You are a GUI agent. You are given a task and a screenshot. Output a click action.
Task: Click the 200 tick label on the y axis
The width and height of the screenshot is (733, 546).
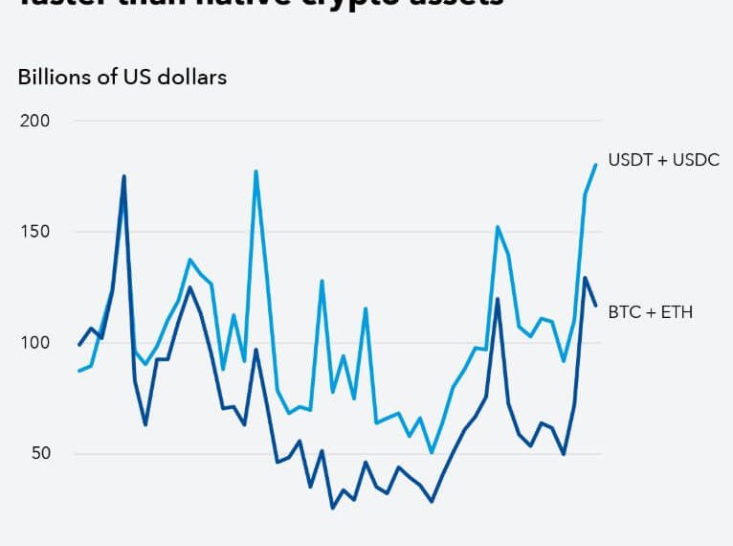click(x=34, y=121)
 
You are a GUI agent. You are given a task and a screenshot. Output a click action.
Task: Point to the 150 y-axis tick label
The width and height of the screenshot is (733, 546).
click(x=34, y=232)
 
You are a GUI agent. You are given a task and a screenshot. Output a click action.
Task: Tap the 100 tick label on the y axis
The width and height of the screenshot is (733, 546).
click(x=34, y=343)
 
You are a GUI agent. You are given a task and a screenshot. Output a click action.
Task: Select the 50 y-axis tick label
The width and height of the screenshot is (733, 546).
click(x=39, y=453)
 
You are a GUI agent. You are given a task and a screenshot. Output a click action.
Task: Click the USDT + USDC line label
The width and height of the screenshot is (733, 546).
click(x=663, y=160)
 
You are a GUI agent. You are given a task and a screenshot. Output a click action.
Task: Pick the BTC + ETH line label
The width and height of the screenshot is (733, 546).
click(x=651, y=311)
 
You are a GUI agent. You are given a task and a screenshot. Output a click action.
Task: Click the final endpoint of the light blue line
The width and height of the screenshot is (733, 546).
click(x=595, y=165)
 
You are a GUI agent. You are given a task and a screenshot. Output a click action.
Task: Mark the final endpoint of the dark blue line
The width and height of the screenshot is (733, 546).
click(x=595, y=306)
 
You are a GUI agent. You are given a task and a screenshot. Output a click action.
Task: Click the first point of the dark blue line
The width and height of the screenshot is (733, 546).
click(x=79, y=345)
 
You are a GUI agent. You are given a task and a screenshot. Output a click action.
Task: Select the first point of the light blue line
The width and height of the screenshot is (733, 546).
click(x=79, y=371)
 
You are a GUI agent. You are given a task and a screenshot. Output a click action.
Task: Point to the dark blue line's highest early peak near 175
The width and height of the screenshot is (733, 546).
click(x=123, y=176)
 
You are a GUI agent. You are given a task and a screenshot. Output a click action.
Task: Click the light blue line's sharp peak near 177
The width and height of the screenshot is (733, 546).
click(x=255, y=171)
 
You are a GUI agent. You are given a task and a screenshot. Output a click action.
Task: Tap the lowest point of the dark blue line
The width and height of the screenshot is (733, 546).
click(x=332, y=508)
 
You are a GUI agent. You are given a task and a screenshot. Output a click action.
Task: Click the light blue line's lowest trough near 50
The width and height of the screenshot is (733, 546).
click(x=432, y=452)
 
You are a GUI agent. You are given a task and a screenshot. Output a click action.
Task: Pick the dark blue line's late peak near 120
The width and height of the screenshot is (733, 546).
click(x=498, y=299)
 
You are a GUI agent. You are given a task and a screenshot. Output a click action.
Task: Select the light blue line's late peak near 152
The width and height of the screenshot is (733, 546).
click(x=498, y=227)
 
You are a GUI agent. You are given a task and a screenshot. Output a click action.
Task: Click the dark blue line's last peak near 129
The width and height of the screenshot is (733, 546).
click(x=585, y=278)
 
